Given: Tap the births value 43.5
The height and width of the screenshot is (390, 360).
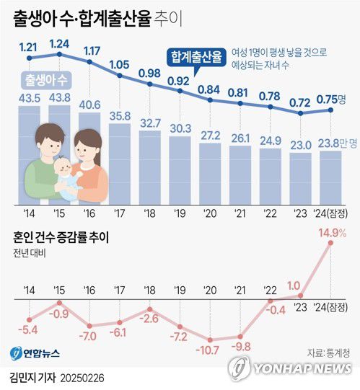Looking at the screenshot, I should tap(30, 97).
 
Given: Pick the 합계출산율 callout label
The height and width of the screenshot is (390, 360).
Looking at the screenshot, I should tap(195, 56).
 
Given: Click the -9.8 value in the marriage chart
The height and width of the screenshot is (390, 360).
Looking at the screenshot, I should tap(240, 346).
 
